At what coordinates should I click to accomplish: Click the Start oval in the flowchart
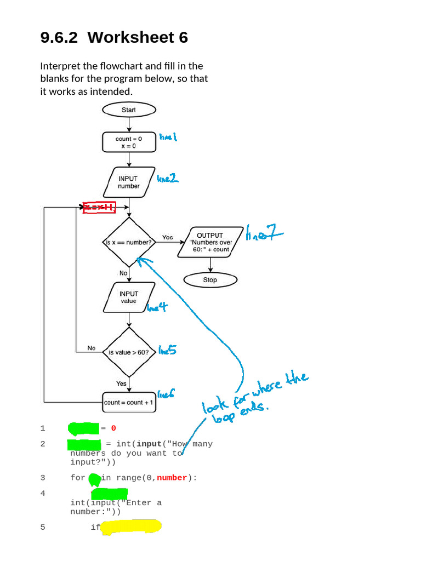[129, 110]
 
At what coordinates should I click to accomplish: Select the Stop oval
[210, 280]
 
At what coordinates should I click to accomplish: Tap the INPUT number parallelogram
[129, 182]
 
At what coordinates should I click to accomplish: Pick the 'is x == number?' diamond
[129, 242]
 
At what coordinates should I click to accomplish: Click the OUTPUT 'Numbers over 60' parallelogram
[210, 242]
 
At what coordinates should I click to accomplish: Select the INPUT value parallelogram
[128, 297]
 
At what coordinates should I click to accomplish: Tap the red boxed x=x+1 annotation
[99, 207]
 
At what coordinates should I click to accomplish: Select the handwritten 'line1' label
[168, 137]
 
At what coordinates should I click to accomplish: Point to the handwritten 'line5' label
[167, 350]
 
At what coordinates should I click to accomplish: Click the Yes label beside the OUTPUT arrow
[167, 237]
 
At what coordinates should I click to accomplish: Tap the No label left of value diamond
[92, 348]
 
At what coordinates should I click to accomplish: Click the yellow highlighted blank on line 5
[132, 528]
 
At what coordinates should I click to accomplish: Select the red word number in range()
[172, 478]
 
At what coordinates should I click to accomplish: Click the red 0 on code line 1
[113, 428]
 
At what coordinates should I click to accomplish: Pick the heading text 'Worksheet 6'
[138, 38]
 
